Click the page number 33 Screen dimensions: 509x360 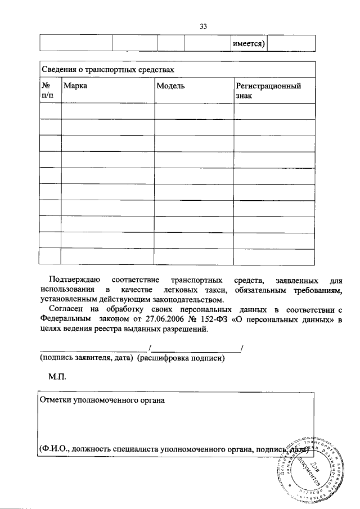coord(203,26)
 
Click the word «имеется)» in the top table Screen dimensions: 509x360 coord(248,44)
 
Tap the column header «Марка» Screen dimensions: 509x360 coord(75,86)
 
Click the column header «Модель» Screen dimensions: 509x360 coord(170,86)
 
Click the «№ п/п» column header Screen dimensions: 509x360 coord(49,91)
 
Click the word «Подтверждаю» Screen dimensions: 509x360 coord(75,280)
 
